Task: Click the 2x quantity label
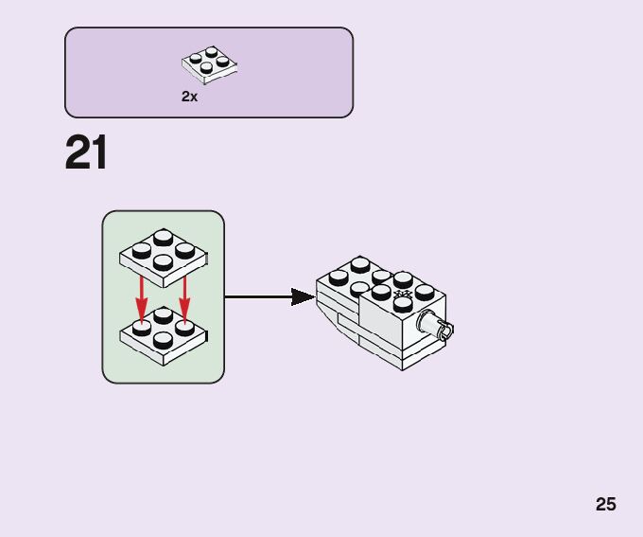pyautogui.click(x=190, y=97)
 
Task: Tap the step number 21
pyautogui.click(x=86, y=153)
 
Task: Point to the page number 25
pyautogui.click(x=606, y=504)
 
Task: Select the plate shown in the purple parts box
pyautogui.click(x=209, y=64)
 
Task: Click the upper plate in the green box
pyautogui.click(x=164, y=254)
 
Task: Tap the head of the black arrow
pyautogui.click(x=303, y=297)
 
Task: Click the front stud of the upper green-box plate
pyautogui.click(x=163, y=261)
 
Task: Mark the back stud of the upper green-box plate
pyautogui.click(x=164, y=237)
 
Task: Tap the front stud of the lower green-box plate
pyautogui.click(x=163, y=339)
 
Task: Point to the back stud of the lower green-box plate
pyautogui.click(x=164, y=314)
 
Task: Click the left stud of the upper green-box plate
pyautogui.click(x=142, y=251)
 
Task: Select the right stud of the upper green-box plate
pyautogui.click(x=185, y=249)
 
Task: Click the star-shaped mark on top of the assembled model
pyautogui.click(x=402, y=295)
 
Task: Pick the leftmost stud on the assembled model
pyautogui.click(x=337, y=277)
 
